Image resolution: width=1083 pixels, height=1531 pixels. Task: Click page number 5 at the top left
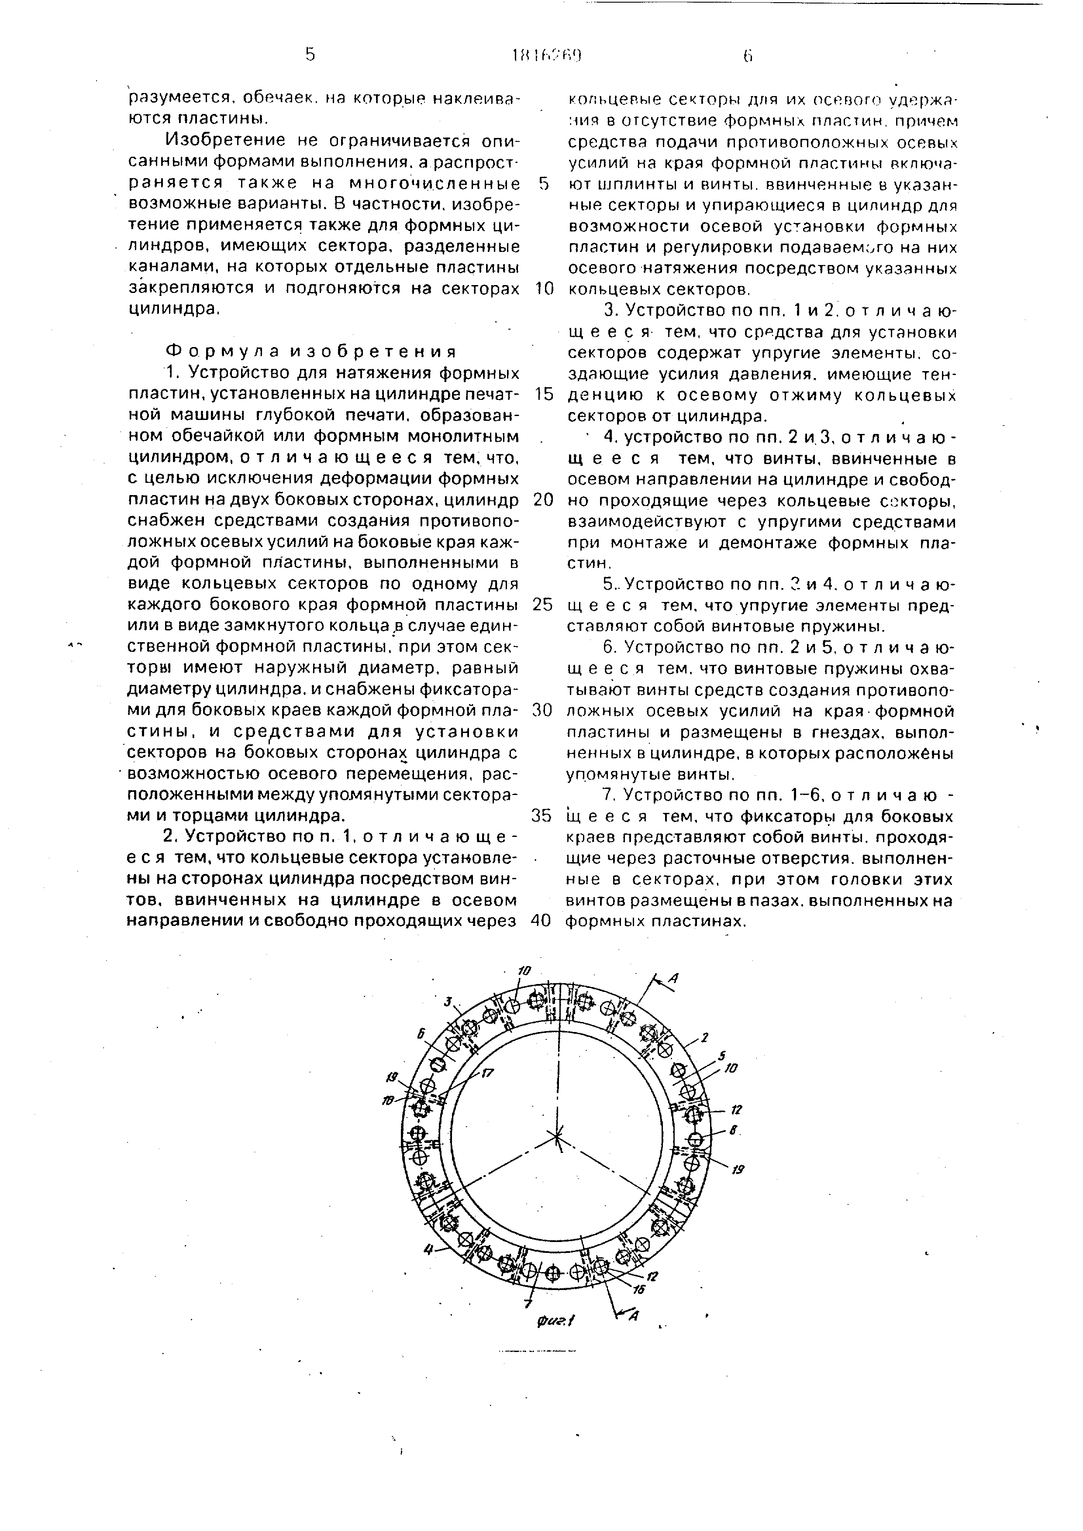310,55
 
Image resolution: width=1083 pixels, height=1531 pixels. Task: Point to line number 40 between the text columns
544,920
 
